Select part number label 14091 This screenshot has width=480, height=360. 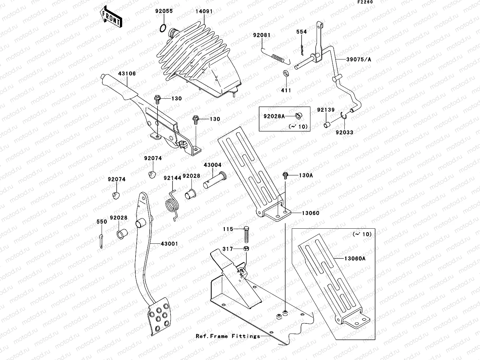point(204,11)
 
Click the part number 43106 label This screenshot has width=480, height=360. point(127,74)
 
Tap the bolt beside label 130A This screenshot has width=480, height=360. point(286,175)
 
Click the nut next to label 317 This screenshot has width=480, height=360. point(247,249)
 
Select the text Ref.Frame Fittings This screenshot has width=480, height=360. point(228,336)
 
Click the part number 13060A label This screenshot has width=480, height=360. point(355,259)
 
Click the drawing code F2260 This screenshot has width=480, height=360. point(365,2)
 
